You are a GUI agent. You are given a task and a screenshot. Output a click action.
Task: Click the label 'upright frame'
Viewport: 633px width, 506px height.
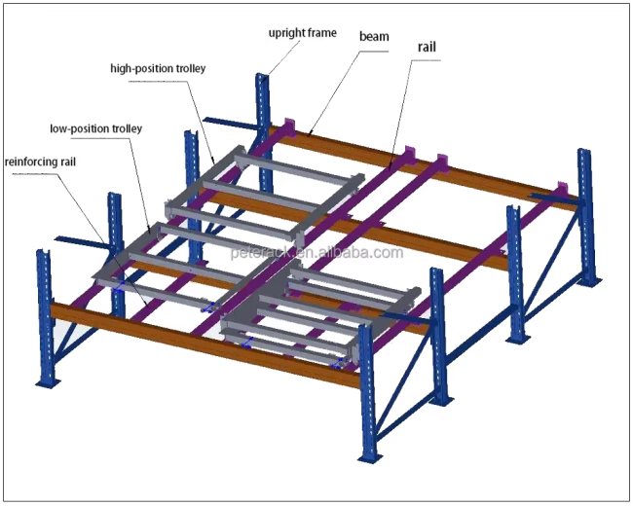(x=303, y=33)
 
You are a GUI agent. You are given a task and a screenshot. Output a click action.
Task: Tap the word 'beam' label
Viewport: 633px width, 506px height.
(x=374, y=37)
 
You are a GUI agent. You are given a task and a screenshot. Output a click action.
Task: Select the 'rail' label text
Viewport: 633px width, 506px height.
(x=427, y=47)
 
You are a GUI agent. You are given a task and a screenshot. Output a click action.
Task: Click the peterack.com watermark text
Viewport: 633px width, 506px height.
(x=316, y=253)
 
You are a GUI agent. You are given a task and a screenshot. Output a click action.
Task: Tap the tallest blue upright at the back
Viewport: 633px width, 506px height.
(x=261, y=107)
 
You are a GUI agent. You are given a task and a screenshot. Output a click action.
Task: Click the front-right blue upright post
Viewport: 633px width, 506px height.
(x=367, y=389)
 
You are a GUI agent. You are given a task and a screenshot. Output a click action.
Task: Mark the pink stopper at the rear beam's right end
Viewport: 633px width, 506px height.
(x=561, y=189)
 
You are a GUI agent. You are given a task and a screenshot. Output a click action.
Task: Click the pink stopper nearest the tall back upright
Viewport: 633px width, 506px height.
(x=289, y=127)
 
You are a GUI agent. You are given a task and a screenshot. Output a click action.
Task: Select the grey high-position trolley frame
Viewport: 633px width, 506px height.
(x=263, y=190)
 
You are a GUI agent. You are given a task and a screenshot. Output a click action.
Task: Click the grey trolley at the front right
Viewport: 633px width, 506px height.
(x=321, y=316)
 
